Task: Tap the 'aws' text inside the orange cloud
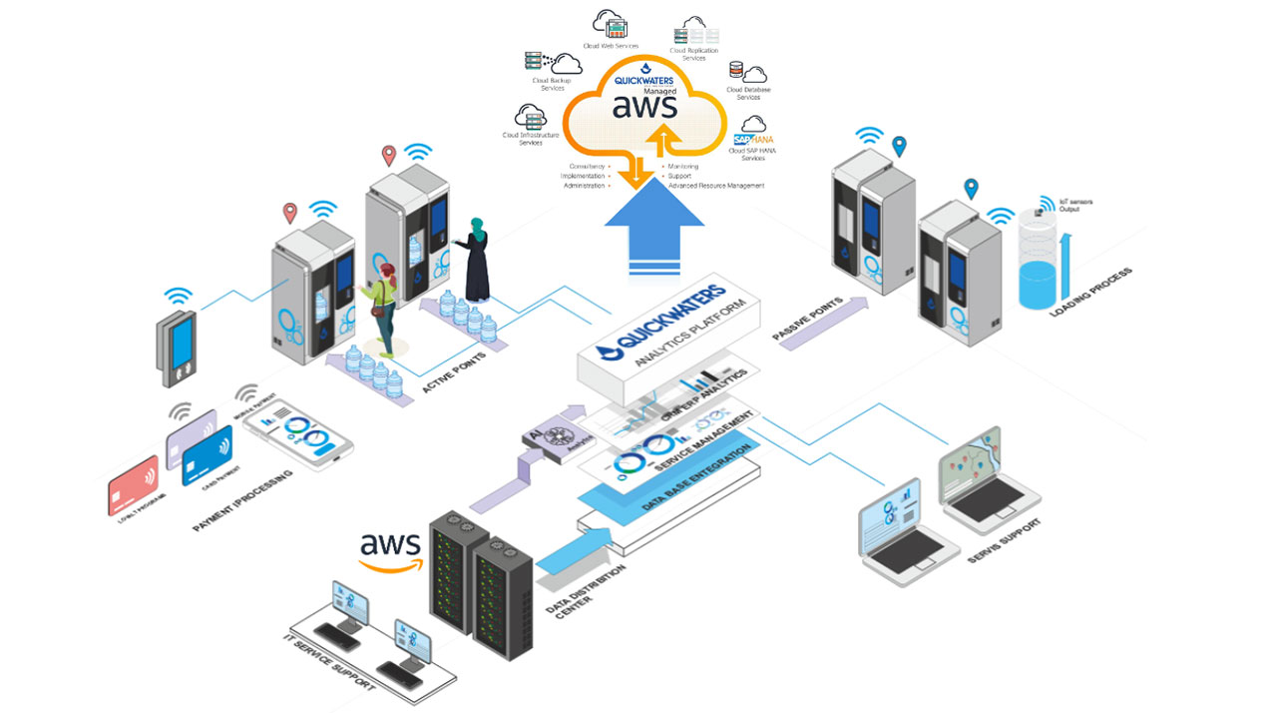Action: [x=643, y=105]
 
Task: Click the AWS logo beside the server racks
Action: [x=391, y=550]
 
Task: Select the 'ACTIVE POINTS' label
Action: [x=455, y=371]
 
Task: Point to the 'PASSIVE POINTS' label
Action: [x=807, y=318]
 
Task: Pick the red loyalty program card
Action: [x=133, y=484]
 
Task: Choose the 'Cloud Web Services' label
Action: [x=612, y=46]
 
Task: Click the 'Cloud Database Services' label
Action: [x=748, y=93]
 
